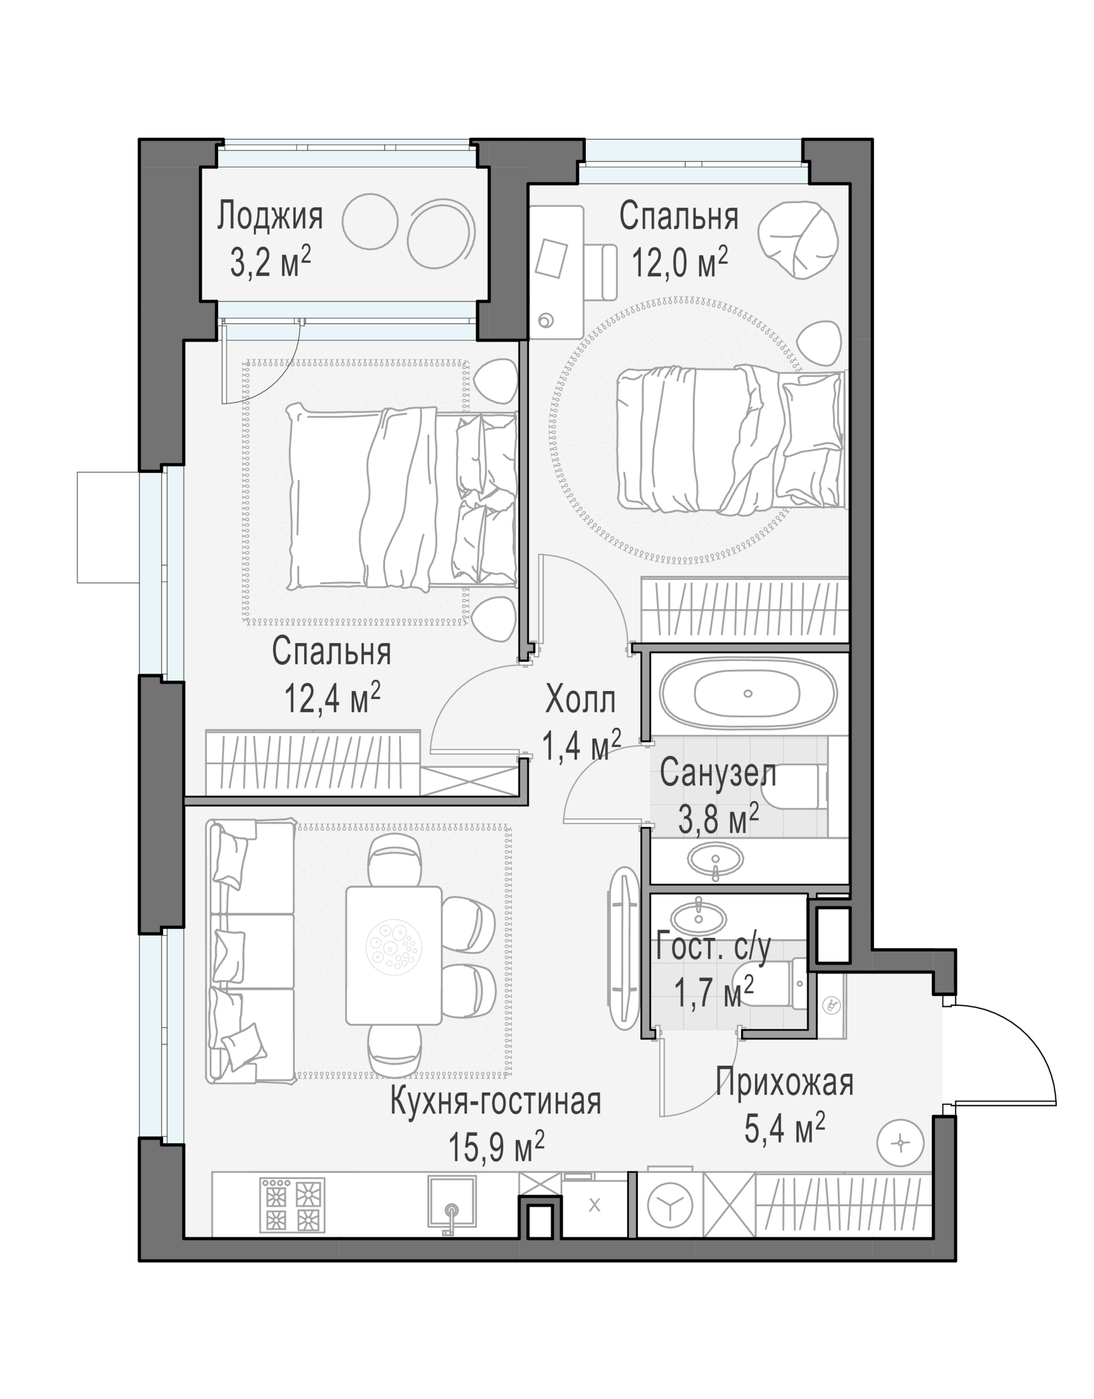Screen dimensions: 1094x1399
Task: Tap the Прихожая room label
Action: pyautogui.click(x=785, y=1083)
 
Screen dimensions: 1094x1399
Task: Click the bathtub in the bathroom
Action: pyautogui.click(x=748, y=693)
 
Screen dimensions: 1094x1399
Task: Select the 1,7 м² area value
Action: pyautogui.click(x=713, y=992)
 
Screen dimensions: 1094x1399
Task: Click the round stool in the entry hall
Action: pyautogui.click(x=900, y=1143)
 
